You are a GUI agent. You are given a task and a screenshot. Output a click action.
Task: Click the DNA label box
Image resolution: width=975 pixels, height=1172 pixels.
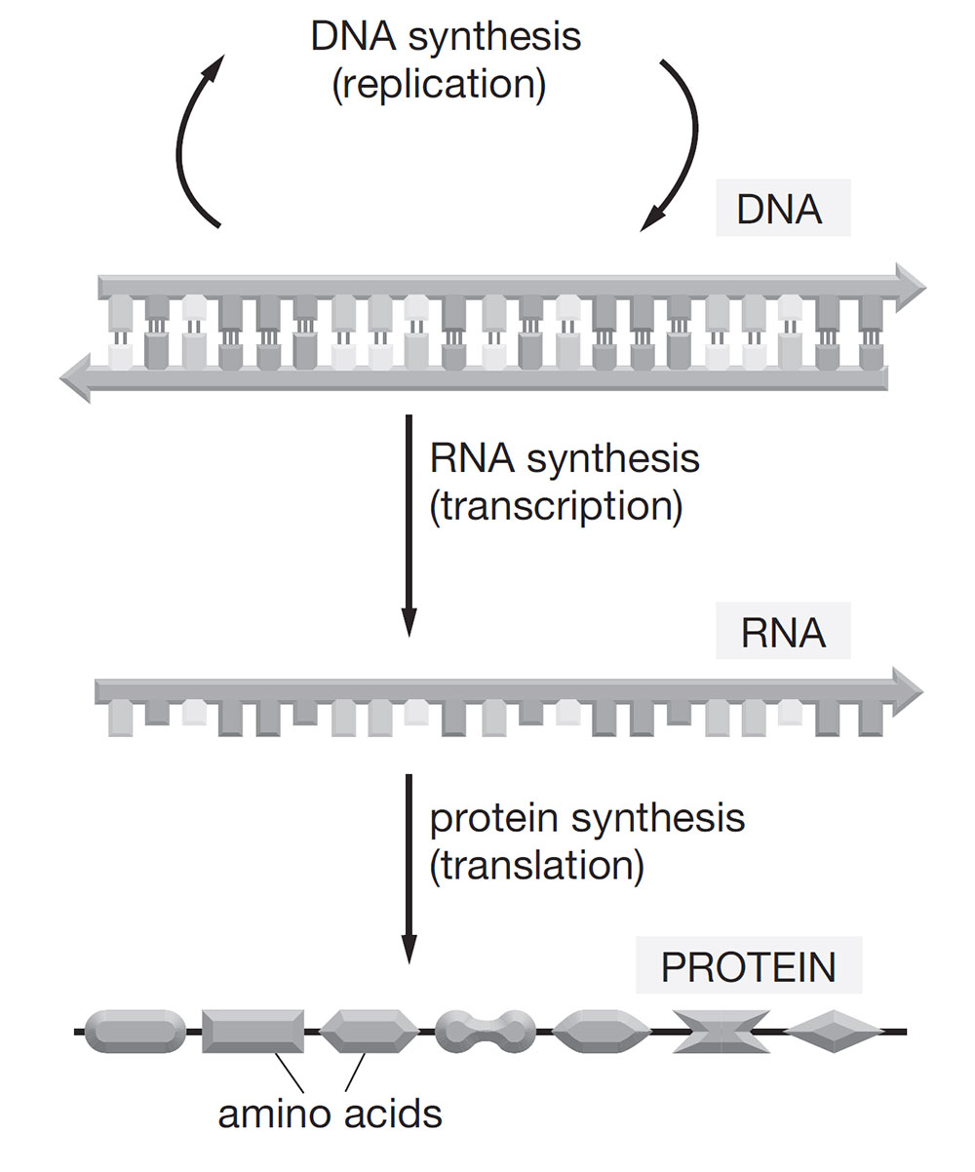tap(783, 210)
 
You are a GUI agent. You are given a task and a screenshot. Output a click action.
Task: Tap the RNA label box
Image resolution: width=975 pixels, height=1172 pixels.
tap(783, 634)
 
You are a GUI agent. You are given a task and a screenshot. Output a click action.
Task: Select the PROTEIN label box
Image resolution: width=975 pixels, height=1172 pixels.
tap(749, 967)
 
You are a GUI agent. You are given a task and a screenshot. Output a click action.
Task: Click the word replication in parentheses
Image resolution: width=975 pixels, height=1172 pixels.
tap(438, 83)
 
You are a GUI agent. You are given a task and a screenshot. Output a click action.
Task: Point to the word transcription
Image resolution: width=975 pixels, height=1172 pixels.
tap(555, 507)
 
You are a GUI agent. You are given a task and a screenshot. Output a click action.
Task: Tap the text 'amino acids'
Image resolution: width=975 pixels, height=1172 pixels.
tap(330, 1113)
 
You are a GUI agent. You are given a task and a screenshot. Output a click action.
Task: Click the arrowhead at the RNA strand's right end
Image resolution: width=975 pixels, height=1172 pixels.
tap(907, 690)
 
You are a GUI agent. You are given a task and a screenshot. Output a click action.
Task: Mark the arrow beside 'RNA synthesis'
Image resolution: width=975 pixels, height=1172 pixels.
tap(409, 527)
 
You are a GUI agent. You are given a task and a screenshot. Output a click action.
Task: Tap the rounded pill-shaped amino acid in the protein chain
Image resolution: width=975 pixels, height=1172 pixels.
tap(136, 1032)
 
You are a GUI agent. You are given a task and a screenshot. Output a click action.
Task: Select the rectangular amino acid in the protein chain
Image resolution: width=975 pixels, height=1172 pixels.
tap(253, 1032)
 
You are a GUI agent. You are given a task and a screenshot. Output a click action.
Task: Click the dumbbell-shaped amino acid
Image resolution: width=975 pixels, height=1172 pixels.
tap(486, 1032)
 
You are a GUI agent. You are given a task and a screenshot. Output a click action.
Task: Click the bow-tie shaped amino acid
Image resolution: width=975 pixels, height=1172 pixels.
tap(721, 1032)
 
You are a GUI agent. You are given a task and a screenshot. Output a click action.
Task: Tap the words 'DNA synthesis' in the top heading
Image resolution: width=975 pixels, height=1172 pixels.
tap(446, 37)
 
